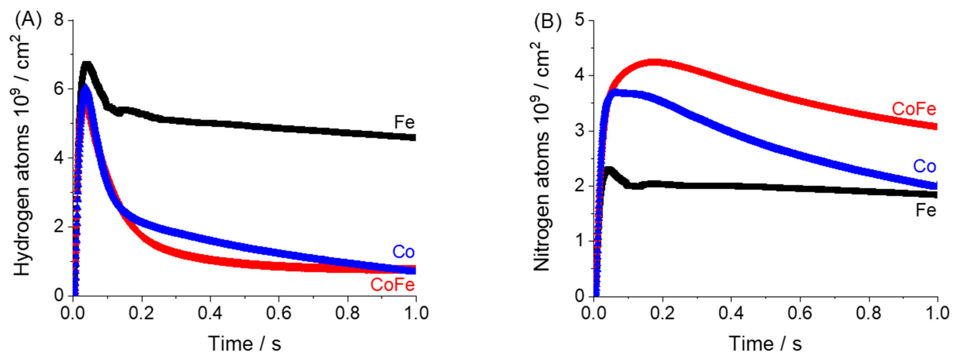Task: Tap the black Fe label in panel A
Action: (404, 122)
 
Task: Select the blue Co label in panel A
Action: (403, 252)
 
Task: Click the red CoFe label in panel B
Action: (914, 109)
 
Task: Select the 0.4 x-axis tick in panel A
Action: (210, 313)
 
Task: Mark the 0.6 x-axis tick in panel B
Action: (800, 313)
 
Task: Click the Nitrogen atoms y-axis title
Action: (542, 155)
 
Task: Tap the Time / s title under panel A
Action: (245, 344)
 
